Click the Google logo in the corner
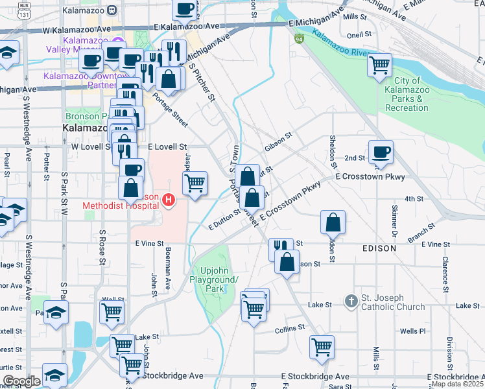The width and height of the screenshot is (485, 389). [21, 381]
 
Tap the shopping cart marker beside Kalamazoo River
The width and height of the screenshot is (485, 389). [379, 65]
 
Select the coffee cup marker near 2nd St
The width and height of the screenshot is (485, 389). [381, 152]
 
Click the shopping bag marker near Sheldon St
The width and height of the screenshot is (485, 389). [333, 222]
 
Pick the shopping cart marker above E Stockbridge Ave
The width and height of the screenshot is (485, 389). [322, 348]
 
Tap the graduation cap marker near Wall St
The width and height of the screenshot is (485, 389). [56, 314]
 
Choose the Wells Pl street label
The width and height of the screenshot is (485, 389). [412, 331]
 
